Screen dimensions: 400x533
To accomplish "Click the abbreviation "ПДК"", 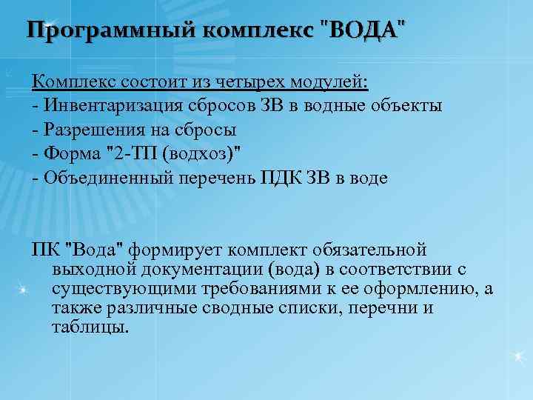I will (x=277, y=179).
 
